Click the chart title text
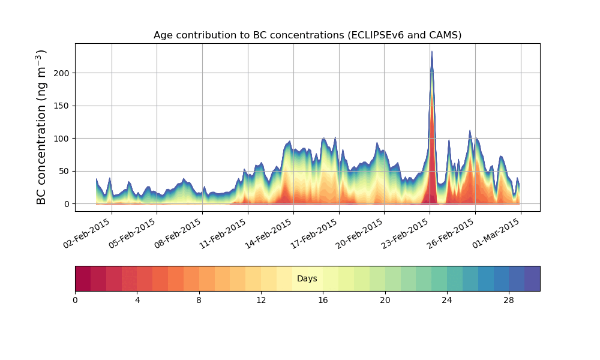(x=307, y=35)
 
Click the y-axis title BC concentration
(x=41, y=127)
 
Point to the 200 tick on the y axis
(x=62, y=73)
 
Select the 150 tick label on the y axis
(x=62, y=106)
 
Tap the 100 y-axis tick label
(x=62, y=139)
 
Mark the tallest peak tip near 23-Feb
(x=431, y=52)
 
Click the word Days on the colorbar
(x=307, y=279)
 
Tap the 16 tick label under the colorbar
(x=323, y=300)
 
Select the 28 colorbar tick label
(x=509, y=300)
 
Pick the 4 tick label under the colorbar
(x=137, y=300)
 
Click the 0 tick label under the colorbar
(x=75, y=300)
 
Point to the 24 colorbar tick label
(x=447, y=300)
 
